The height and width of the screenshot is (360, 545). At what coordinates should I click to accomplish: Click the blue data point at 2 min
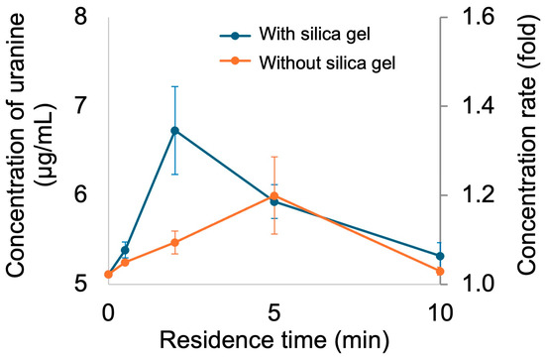[174, 131]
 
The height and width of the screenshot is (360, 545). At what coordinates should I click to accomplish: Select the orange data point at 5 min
[274, 196]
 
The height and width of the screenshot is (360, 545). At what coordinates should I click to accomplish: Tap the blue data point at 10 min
[440, 256]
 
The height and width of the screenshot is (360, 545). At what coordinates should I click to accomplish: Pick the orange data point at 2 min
[174, 242]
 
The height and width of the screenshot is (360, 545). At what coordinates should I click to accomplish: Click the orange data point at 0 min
[108, 275]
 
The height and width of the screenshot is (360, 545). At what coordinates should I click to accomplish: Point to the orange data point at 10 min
[440, 272]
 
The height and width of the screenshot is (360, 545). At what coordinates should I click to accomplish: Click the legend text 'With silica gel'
[314, 35]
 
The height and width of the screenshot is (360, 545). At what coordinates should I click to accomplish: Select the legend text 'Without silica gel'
[327, 62]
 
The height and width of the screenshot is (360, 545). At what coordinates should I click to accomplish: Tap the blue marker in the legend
[235, 36]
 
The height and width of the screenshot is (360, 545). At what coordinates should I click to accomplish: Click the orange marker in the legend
[235, 60]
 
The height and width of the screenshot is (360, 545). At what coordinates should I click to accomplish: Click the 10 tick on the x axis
[440, 312]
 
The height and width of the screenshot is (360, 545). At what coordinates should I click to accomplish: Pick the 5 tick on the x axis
[274, 312]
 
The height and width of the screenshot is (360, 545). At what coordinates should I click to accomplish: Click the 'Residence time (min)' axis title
[274, 340]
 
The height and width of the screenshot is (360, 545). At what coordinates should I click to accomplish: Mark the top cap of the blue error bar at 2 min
[174, 86]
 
